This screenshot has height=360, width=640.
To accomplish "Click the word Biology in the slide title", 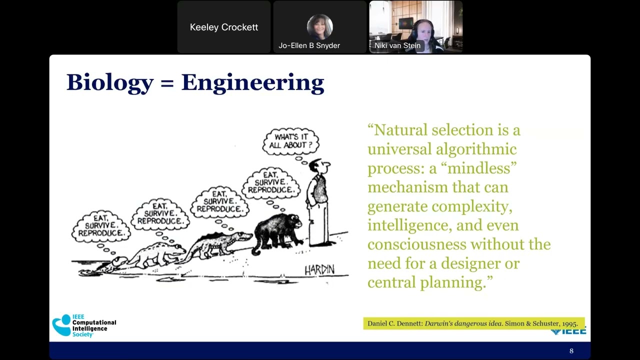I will [x=109, y=82].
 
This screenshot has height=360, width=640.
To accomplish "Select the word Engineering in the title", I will [x=252, y=82].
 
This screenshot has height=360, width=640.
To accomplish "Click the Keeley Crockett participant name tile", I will [x=224, y=27].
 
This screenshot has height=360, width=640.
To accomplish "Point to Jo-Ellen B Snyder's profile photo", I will [x=319, y=26].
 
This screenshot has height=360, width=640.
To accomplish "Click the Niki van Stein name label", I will [x=397, y=45].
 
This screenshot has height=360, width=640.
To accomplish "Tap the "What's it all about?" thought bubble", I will [x=291, y=141].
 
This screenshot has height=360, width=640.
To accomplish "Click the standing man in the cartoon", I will [x=318, y=202].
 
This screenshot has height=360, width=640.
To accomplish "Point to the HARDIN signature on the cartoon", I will [x=319, y=270].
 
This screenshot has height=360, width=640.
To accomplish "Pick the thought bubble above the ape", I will [x=271, y=182].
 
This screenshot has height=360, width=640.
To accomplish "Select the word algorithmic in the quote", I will [x=476, y=149].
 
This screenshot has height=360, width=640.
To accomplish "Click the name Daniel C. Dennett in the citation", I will [x=394, y=323].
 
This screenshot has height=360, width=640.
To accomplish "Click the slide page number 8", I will [x=571, y=351].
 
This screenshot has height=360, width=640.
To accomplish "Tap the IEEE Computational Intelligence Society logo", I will [x=84, y=325].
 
